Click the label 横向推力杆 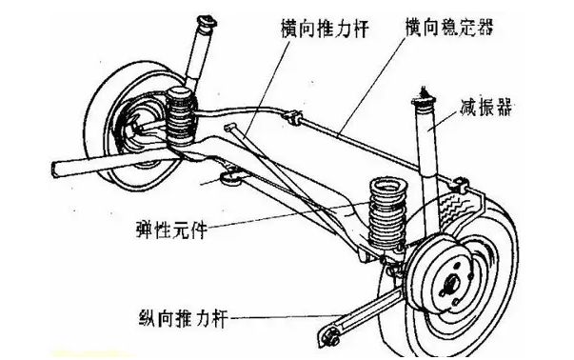point(325,29)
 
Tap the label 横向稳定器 point(448,26)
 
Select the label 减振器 point(485,107)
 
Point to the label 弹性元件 point(171,230)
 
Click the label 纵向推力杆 point(184,317)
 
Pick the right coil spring point(387,215)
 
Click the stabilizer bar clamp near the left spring point(293,117)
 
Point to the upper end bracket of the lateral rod point(231,128)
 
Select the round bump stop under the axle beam point(230,179)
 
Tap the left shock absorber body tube point(197,55)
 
